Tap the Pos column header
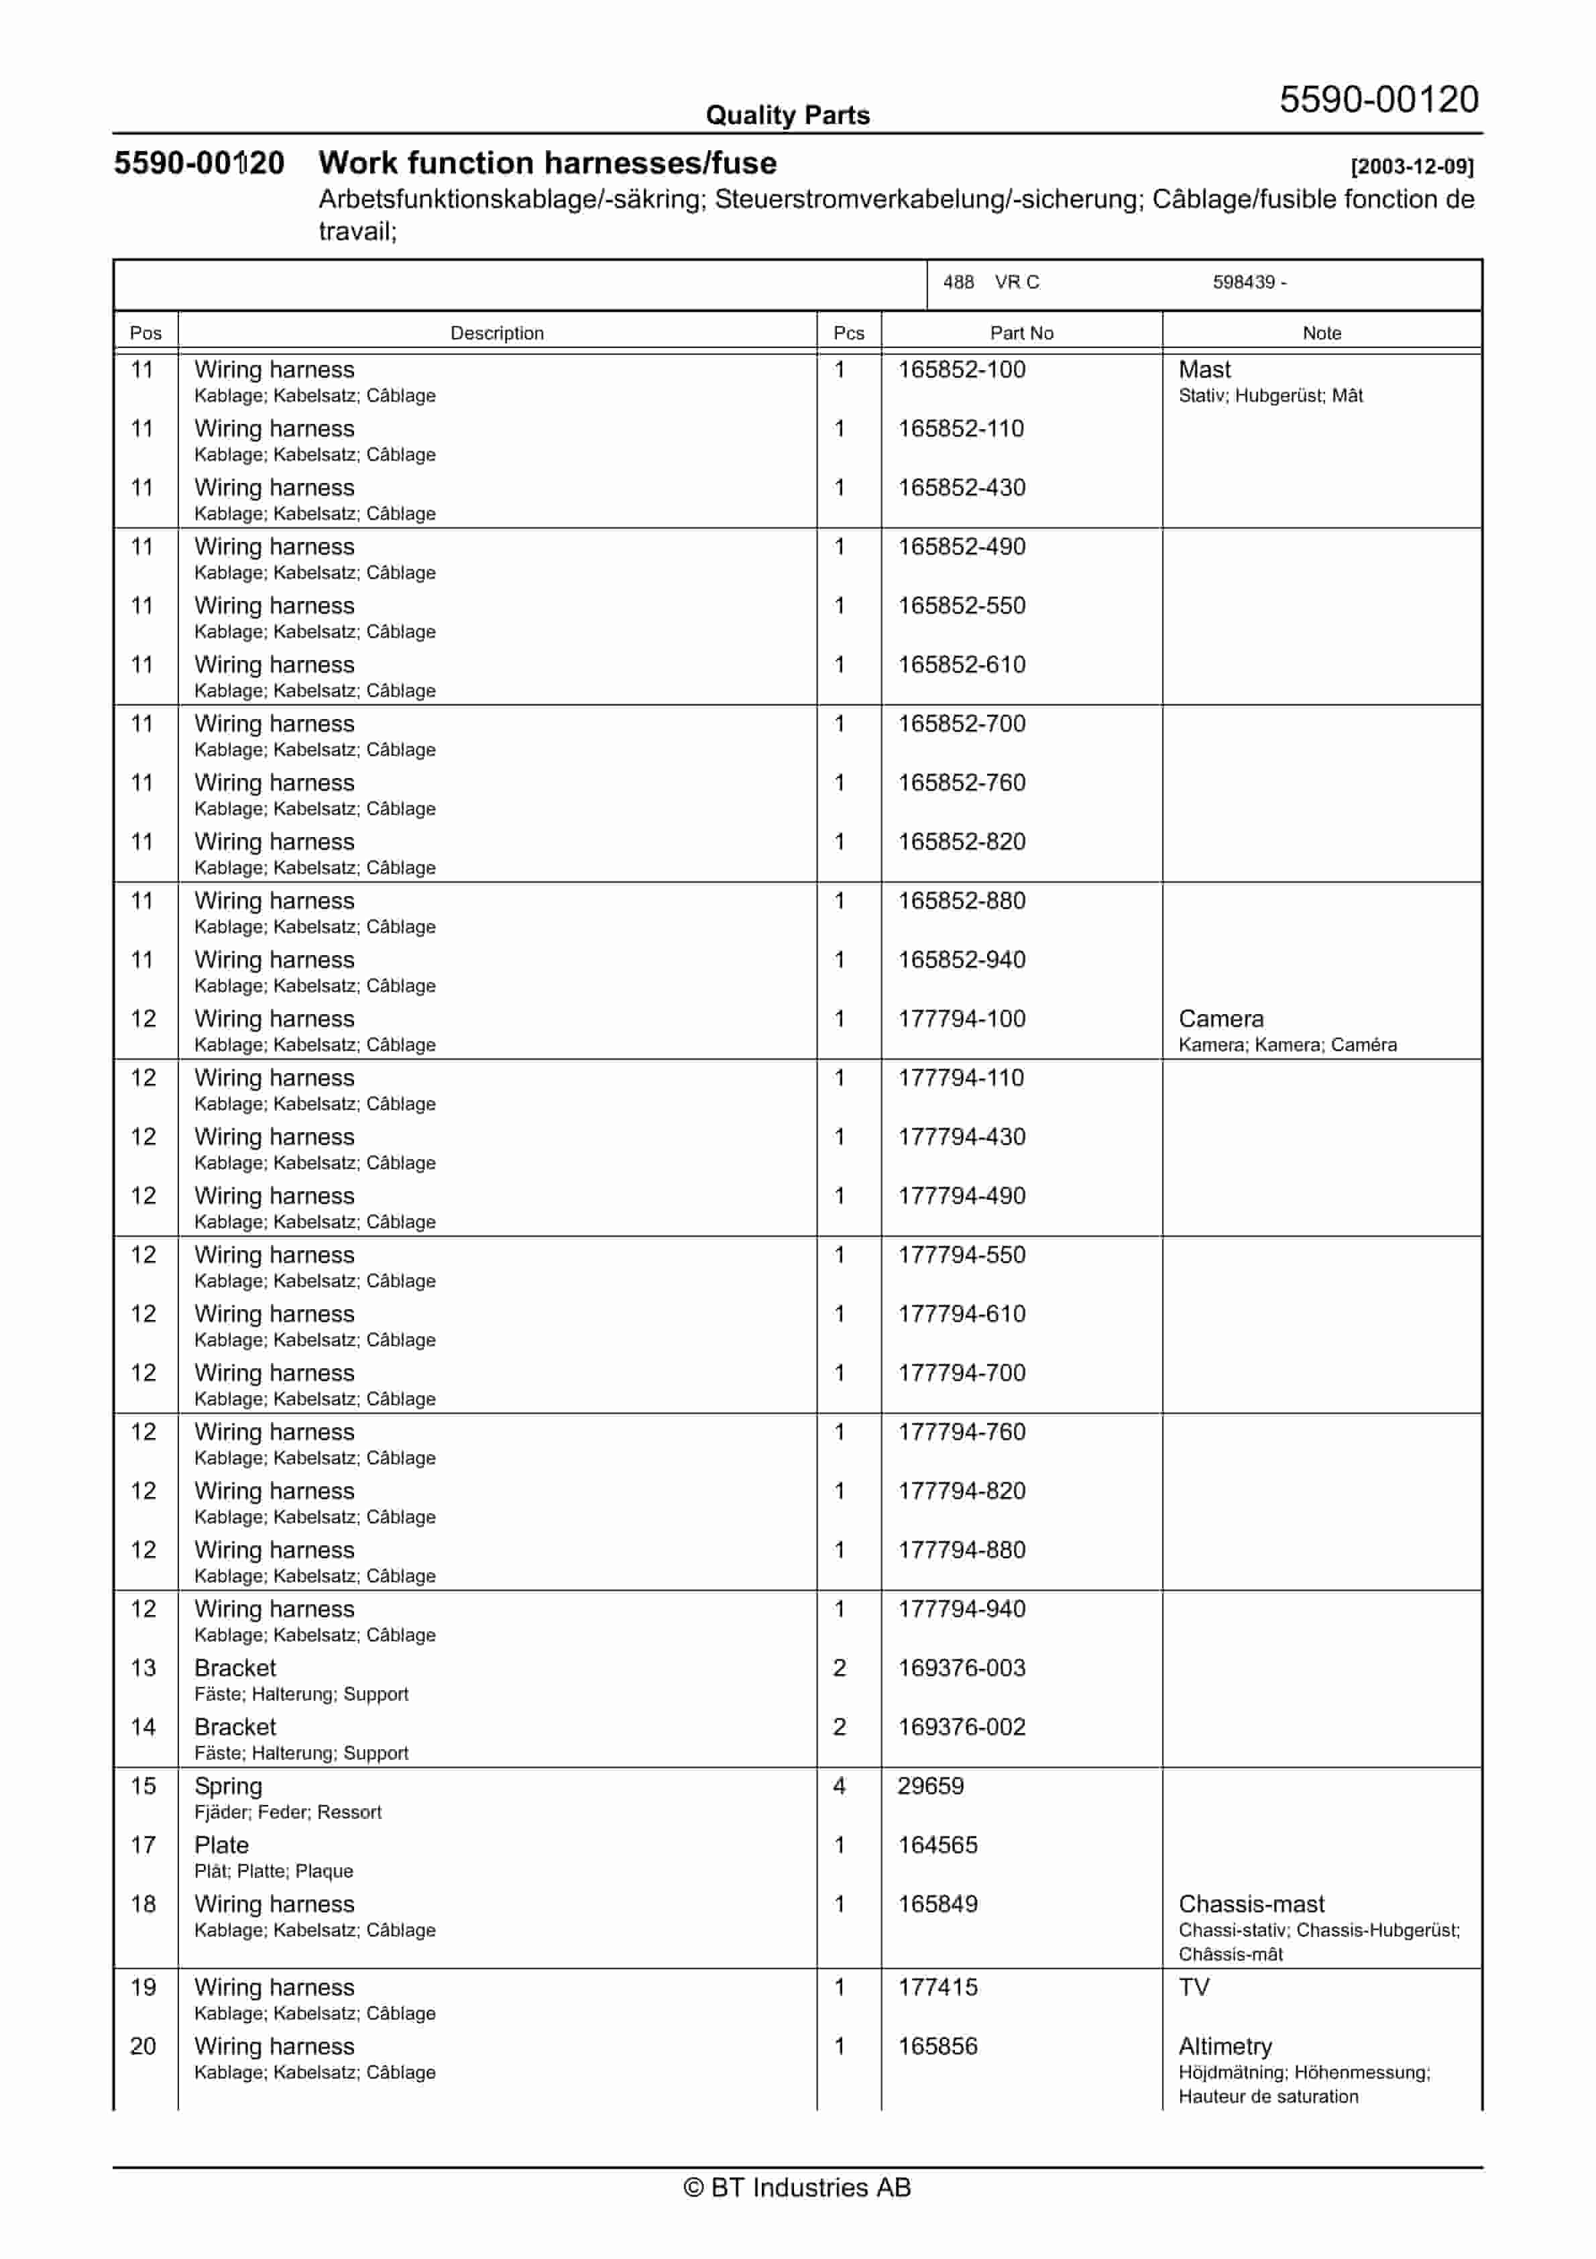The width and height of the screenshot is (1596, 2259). [145, 333]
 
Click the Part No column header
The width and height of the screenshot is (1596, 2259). [1021, 333]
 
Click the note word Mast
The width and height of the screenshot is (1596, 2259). [1204, 370]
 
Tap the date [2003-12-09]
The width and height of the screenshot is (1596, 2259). [1411, 166]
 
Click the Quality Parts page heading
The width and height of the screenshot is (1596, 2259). [787, 115]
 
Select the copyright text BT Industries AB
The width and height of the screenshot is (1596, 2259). [797, 2187]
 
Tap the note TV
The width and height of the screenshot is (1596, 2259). [1194, 1987]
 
